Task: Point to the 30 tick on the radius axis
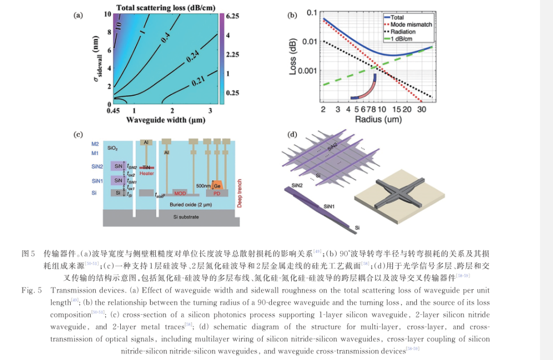[x=421, y=110]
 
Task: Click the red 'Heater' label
[x=147, y=174]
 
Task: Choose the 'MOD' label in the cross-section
[x=180, y=194]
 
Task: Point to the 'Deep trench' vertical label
[x=240, y=193]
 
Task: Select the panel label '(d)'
[x=292, y=135]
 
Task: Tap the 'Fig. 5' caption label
[x=31, y=290]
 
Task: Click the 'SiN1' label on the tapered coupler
[x=330, y=206]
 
